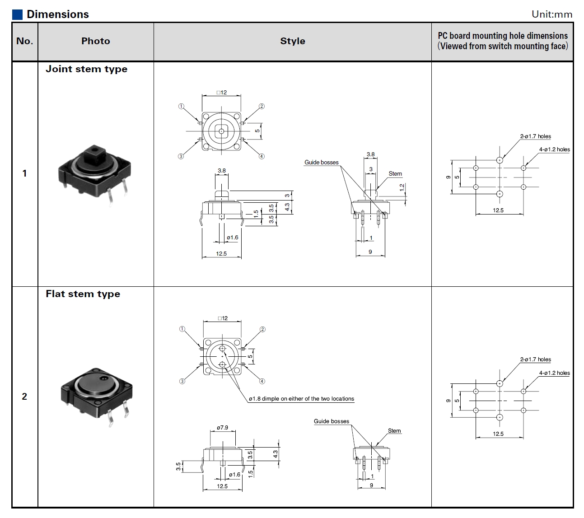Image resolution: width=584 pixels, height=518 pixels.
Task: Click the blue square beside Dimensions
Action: pyautogui.click(x=17, y=14)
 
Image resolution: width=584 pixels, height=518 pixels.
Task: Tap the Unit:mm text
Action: pyautogui.click(x=551, y=14)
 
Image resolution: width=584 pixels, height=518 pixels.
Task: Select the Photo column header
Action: pyautogui.click(x=95, y=41)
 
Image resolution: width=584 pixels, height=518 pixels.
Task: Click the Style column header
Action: pyautogui.click(x=292, y=41)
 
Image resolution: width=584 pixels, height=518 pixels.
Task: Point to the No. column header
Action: pyautogui.click(x=24, y=41)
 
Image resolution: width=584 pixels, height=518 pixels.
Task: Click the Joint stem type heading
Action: pyautogui.click(x=86, y=69)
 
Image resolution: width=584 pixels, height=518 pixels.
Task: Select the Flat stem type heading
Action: pyautogui.click(x=83, y=294)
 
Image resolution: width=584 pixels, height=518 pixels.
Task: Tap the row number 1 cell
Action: pyautogui.click(x=24, y=173)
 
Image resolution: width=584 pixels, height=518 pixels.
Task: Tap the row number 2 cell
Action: pyautogui.click(x=24, y=397)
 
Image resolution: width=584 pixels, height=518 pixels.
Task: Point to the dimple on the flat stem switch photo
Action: pyautogui.click(x=103, y=378)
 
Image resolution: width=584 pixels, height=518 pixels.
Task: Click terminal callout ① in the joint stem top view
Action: pyautogui.click(x=181, y=107)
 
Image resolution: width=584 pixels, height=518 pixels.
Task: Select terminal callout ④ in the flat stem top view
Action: pyautogui.click(x=262, y=381)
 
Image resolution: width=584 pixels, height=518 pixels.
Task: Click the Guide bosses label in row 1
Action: pyautogui.click(x=321, y=163)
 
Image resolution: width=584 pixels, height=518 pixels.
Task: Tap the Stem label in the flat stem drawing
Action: pyautogui.click(x=394, y=431)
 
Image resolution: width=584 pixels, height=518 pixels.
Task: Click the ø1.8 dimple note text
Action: pyautogui.click(x=301, y=399)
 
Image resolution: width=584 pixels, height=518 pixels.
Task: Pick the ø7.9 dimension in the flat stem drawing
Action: pyautogui.click(x=222, y=427)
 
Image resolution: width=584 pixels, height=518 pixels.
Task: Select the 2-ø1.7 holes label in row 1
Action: pyautogui.click(x=535, y=136)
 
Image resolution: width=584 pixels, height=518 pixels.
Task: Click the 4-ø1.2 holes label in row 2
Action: pyautogui.click(x=554, y=373)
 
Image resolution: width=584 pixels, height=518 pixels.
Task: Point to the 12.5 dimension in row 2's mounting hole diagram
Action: pyautogui.click(x=498, y=434)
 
